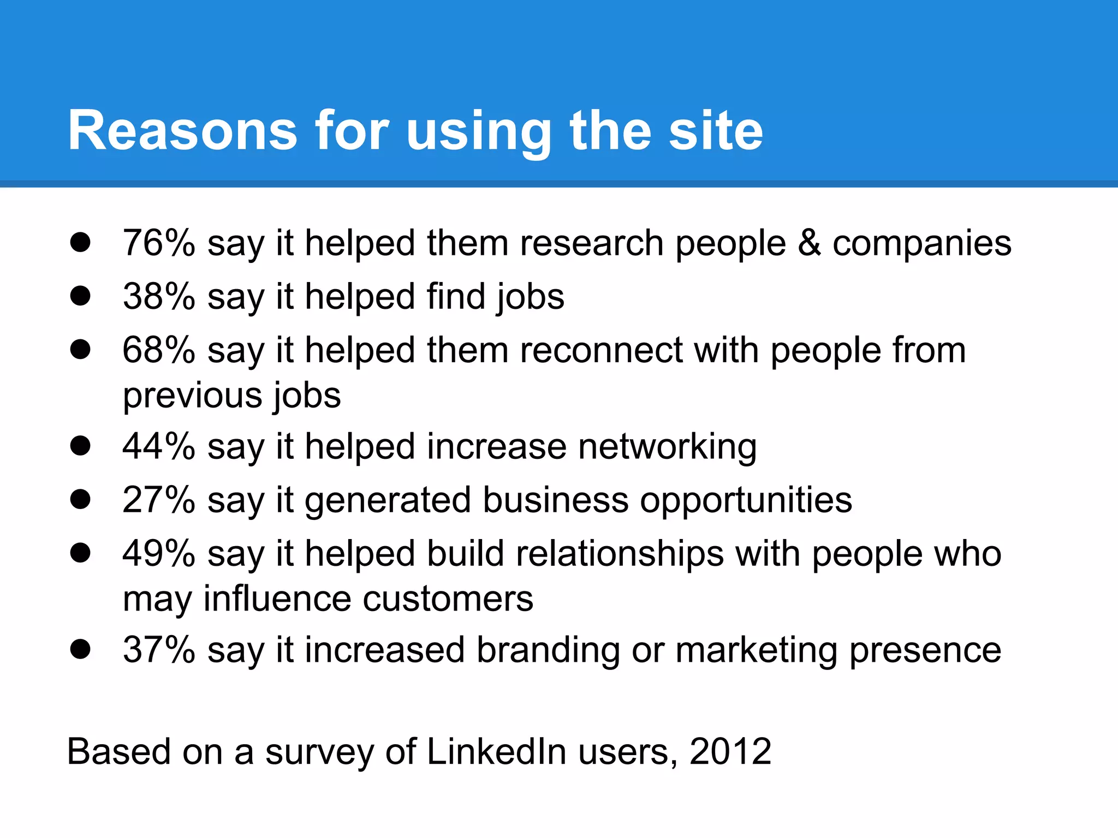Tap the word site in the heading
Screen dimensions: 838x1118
(x=716, y=130)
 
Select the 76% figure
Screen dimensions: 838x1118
(x=159, y=243)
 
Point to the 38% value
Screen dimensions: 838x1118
(x=159, y=296)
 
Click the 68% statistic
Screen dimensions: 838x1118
(x=159, y=350)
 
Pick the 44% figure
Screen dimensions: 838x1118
(x=159, y=446)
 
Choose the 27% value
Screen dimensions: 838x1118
(x=159, y=500)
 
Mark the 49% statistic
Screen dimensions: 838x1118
(x=159, y=553)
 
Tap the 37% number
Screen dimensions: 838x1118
(x=159, y=650)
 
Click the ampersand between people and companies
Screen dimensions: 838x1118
(x=809, y=243)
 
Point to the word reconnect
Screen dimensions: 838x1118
(x=601, y=350)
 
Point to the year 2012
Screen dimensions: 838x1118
(x=730, y=752)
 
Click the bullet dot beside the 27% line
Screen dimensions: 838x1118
(x=80, y=499)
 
